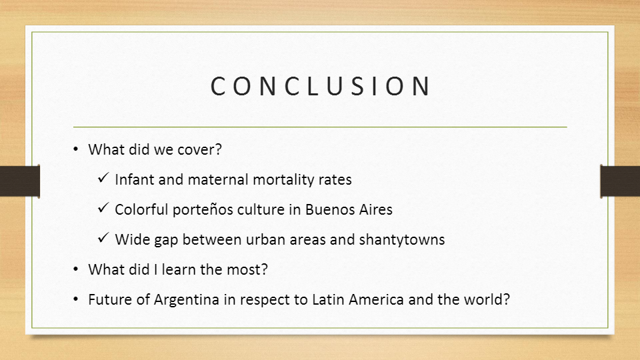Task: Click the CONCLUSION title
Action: (x=320, y=87)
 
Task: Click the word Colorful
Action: (x=141, y=209)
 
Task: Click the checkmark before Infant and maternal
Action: (x=103, y=179)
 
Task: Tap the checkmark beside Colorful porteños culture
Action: (x=103, y=209)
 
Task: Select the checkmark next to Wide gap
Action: (x=103, y=239)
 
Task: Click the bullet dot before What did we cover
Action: (x=76, y=150)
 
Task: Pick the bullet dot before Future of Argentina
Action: (x=76, y=300)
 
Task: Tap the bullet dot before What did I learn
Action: (x=76, y=270)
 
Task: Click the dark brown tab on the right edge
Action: (x=620, y=181)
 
